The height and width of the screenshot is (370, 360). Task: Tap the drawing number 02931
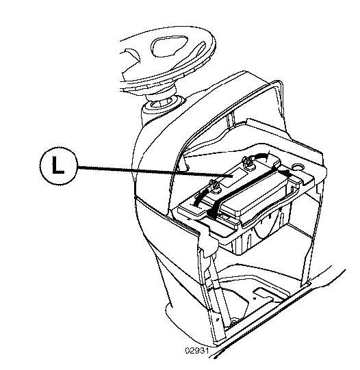click(x=197, y=351)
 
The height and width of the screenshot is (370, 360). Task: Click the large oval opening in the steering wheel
click(x=170, y=47)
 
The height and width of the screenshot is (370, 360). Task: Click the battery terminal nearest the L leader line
click(x=214, y=187)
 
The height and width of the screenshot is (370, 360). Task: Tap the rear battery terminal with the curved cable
click(x=247, y=163)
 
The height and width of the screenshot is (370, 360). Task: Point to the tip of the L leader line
click(x=232, y=176)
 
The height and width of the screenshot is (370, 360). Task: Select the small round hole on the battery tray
click(x=298, y=167)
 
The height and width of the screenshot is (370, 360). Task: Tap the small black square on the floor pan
click(x=255, y=298)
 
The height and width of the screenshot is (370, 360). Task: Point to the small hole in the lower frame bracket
click(x=218, y=319)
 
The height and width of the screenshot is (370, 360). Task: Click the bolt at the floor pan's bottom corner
click(x=233, y=321)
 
